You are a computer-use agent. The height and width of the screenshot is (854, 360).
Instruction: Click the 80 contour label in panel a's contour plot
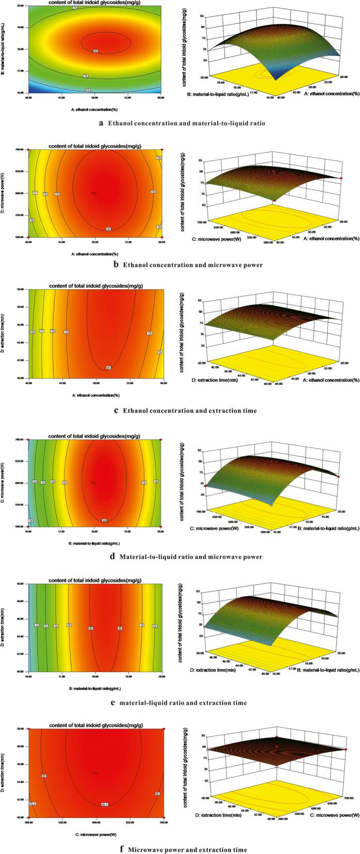click(96, 51)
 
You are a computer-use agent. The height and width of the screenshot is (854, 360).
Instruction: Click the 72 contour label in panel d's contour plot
click(35, 482)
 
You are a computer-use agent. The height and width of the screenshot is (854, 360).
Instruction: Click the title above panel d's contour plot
click(96, 436)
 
